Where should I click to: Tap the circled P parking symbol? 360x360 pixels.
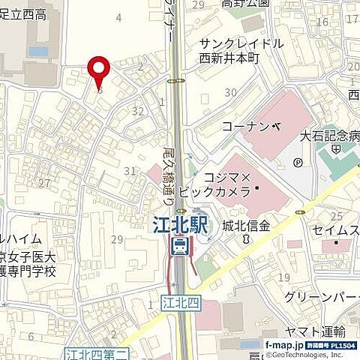pyautogui.click(x=298, y=162)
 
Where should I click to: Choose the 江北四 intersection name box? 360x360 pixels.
pyautogui.click(x=177, y=302)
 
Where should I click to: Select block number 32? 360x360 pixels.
pyautogui.click(x=137, y=111)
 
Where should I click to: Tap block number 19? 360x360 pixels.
pyautogui.click(x=283, y=278)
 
